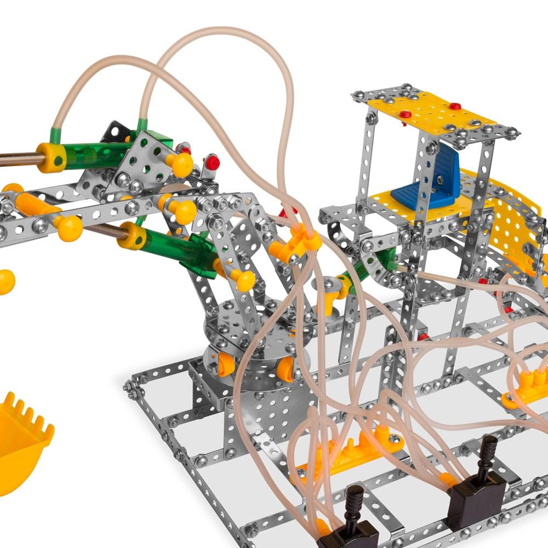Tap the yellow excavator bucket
[22, 433]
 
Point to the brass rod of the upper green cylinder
[19, 159]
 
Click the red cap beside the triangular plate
[212, 162]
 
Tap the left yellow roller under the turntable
[226, 364]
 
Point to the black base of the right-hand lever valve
[476, 500]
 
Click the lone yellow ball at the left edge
[6, 281]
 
